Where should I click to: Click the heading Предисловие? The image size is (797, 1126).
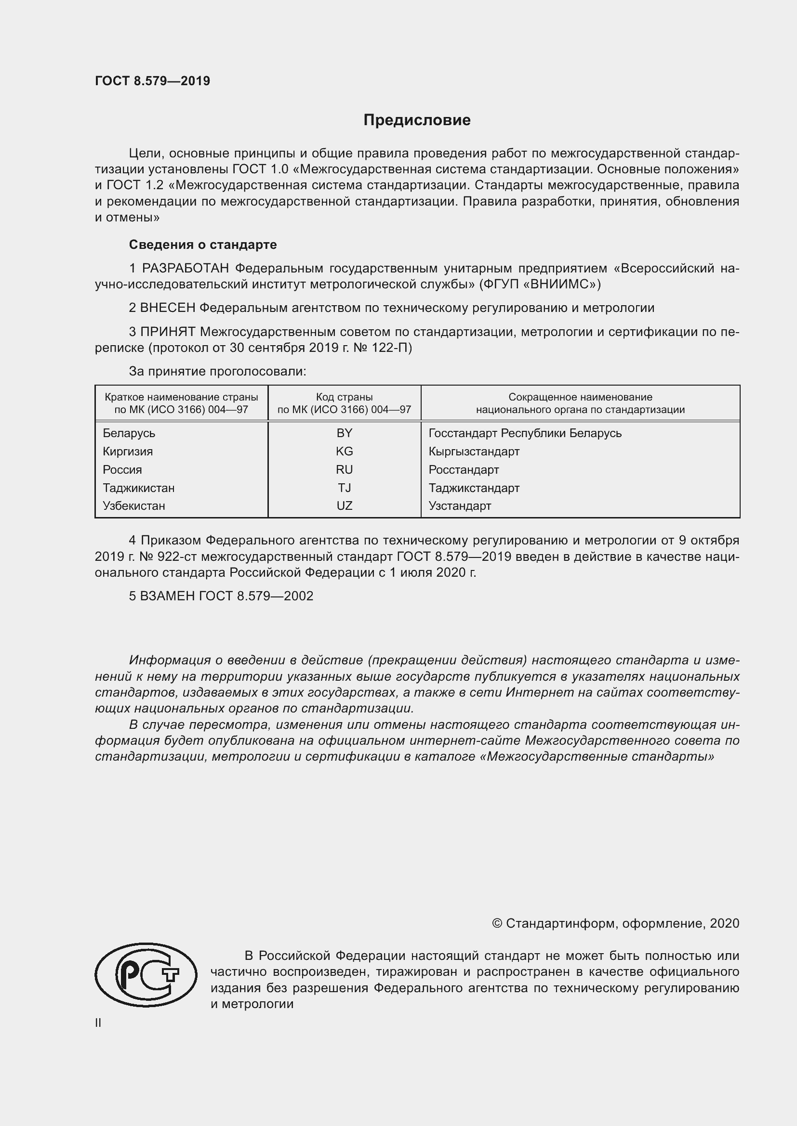(x=417, y=120)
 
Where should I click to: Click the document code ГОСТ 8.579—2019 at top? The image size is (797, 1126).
(x=152, y=81)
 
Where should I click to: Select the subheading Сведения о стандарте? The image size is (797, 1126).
(x=203, y=244)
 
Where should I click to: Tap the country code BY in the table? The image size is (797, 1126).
(x=344, y=433)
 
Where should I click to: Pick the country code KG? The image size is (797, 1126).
(x=344, y=451)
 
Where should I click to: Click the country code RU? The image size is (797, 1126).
(x=344, y=469)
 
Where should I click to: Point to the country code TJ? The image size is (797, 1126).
(x=344, y=488)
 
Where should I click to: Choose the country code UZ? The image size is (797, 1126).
(x=344, y=505)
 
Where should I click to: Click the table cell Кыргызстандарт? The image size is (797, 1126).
(x=474, y=451)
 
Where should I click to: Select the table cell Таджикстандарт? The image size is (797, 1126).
(x=474, y=488)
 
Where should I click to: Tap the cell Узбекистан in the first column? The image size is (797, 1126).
(x=133, y=505)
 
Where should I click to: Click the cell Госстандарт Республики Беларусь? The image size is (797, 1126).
(x=525, y=433)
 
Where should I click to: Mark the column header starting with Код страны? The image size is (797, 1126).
(x=344, y=403)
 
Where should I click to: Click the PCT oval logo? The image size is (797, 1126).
(x=146, y=974)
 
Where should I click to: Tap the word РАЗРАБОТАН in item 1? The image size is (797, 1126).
(x=186, y=268)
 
